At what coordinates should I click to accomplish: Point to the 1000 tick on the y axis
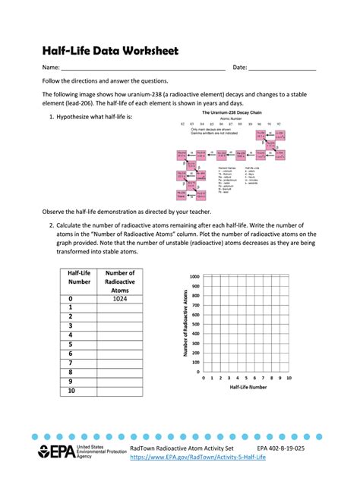pyautogui.click(x=194, y=277)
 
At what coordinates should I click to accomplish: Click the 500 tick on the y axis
pyautogui.click(x=195, y=325)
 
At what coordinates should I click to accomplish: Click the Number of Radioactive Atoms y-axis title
pyautogui.click(x=185, y=324)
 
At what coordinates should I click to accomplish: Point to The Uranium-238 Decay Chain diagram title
pyautogui.click(x=230, y=113)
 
